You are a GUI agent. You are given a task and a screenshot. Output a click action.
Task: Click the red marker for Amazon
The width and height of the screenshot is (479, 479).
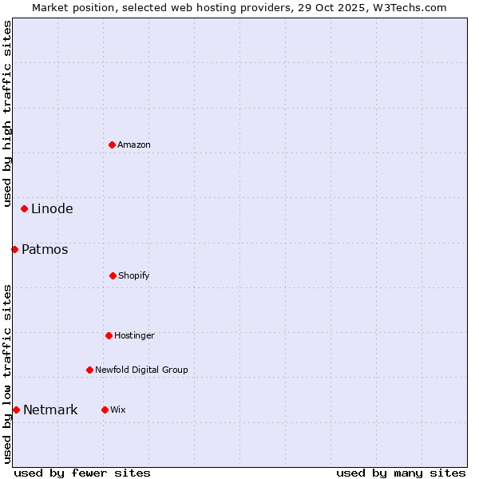(113, 144)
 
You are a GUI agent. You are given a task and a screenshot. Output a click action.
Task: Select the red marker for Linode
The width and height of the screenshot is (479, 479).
(25, 209)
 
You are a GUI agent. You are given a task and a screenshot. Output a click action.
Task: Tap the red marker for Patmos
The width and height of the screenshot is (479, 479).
(15, 250)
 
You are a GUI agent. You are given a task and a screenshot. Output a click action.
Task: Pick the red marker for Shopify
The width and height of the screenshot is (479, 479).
(113, 275)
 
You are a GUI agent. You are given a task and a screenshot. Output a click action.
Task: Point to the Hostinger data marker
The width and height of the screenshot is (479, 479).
(109, 335)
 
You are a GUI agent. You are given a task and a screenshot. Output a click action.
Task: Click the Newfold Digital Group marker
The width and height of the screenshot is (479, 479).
(89, 370)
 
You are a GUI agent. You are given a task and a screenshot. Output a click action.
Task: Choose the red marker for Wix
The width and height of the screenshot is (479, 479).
(105, 410)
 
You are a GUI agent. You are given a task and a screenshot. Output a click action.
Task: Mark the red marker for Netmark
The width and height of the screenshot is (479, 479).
(16, 410)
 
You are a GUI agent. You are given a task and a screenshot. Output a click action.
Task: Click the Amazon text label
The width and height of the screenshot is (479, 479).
(134, 144)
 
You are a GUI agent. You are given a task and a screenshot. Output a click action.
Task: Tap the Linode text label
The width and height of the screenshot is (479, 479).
(52, 209)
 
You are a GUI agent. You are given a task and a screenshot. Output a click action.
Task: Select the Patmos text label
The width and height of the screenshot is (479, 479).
(45, 250)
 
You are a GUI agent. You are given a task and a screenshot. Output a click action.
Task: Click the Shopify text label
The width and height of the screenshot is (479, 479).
(134, 275)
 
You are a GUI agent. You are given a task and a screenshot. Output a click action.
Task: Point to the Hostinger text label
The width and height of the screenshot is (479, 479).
(134, 335)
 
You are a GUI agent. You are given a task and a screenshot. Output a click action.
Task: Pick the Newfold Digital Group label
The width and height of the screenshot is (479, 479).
(141, 370)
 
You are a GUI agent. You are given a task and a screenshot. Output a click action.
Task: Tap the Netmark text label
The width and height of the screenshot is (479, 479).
(50, 410)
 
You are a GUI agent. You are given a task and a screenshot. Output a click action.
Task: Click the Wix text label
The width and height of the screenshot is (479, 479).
(118, 410)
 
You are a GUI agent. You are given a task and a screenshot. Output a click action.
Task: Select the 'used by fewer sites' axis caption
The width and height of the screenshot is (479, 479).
(82, 473)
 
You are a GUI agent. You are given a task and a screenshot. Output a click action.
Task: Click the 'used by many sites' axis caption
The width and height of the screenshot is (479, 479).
(401, 473)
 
